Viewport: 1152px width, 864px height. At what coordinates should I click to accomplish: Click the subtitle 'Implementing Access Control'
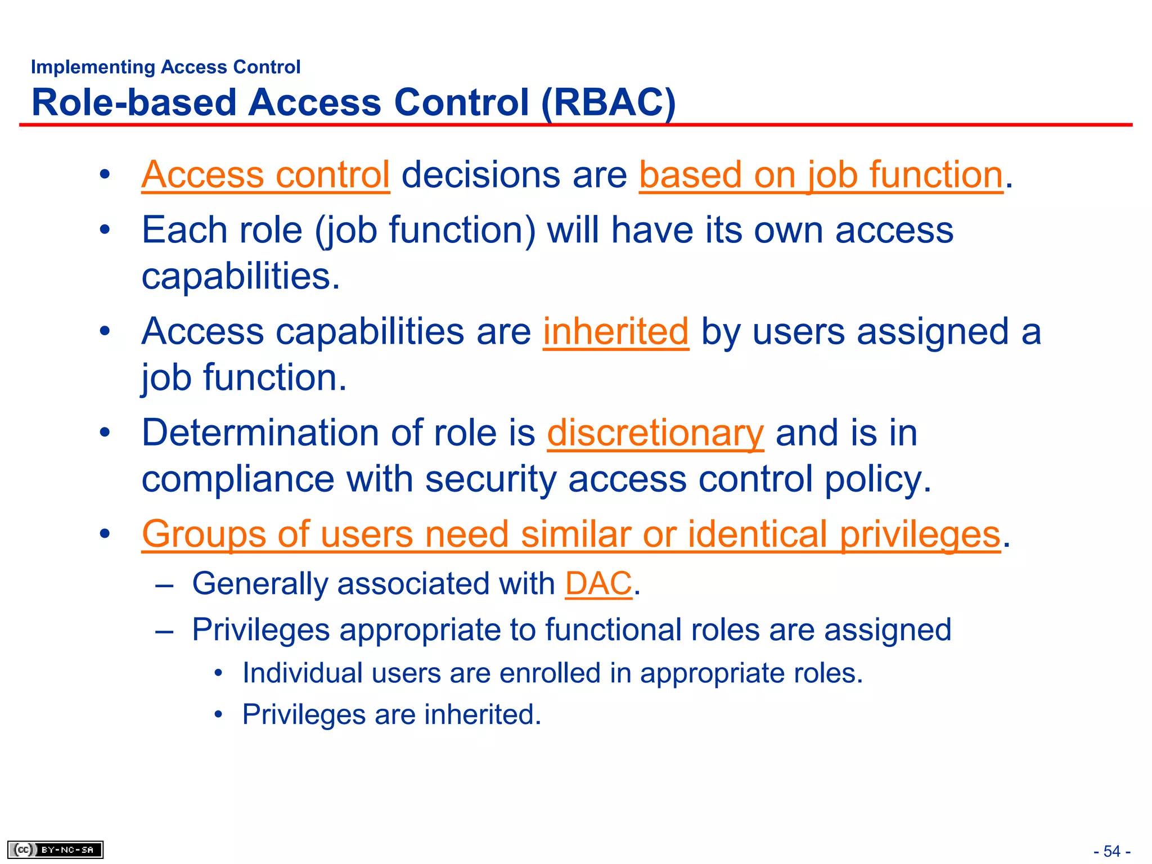pos(165,67)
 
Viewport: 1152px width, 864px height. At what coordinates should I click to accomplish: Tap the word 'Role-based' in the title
pos(134,103)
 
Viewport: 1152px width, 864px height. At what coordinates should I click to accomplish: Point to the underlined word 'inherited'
pos(615,331)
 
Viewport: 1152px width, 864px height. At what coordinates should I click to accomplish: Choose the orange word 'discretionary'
pos(655,433)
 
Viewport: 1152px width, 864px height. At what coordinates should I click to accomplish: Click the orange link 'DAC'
pos(598,583)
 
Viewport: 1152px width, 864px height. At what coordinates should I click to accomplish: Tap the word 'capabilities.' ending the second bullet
pos(241,276)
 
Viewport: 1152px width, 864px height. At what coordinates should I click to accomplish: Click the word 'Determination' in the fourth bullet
pos(260,433)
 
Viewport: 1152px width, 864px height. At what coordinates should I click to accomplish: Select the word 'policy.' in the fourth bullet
pos(878,479)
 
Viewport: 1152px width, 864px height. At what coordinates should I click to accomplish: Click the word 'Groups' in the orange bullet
pos(204,534)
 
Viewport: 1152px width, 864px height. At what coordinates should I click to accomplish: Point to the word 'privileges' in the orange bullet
pos(920,534)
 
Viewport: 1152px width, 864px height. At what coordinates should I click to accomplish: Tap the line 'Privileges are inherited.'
pos(391,714)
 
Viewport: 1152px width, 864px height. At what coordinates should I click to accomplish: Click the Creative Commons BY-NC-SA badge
pos(55,849)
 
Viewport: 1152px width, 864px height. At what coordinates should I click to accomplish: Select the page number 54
pos(1111,851)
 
